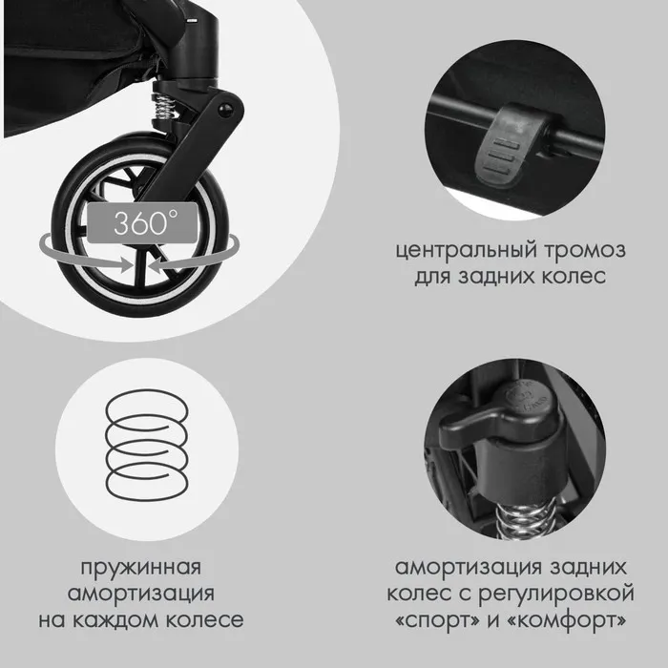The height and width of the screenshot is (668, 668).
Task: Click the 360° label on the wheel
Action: (x=142, y=222)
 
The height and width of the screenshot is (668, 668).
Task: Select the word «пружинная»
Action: (x=141, y=569)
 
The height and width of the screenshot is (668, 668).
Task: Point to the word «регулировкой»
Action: (x=556, y=595)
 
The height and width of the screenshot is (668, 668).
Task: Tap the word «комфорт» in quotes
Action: (x=567, y=620)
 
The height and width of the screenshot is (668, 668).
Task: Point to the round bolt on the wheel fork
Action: (x=224, y=109)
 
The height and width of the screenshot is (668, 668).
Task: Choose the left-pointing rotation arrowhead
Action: (x=157, y=264)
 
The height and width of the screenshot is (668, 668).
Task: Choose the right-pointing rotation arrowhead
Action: (x=127, y=264)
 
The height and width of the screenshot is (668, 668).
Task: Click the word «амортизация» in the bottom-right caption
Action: (x=469, y=569)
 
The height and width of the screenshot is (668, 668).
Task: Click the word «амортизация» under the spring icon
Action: (x=141, y=595)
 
